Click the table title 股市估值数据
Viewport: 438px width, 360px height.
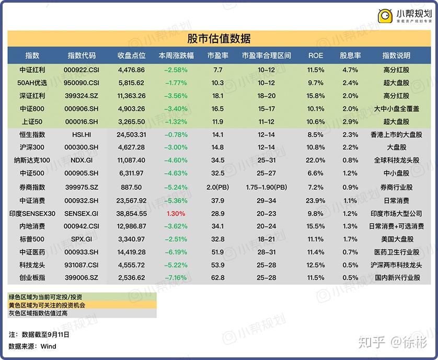click(x=218, y=38)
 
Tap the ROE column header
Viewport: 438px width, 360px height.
click(x=316, y=55)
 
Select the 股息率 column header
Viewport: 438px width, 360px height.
click(x=350, y=55)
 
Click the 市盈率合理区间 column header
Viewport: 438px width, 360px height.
click(x=266, y=55)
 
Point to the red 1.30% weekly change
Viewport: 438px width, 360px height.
click(x=176, y=213)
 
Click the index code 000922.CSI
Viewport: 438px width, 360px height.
click(x=82, y=70)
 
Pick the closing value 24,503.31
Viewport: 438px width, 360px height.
click(x=131, y=134)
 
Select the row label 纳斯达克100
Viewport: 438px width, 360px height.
click(x=32, y=160)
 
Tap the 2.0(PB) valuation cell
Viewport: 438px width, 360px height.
click(x=217, y=187)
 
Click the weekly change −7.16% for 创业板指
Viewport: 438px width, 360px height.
click(x=176, y=278)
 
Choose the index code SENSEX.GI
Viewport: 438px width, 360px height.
click(x=82, y=213)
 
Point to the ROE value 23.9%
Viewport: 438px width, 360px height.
click(x=316, y=200)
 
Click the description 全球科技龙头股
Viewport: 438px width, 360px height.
click(x=396, y=160)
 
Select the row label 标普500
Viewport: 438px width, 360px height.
click(x=32, y=239)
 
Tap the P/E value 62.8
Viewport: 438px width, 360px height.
click(x=217, y=278)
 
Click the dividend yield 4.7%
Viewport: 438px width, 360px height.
click(x=350, y=70)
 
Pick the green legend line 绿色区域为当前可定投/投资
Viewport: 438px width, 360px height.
click(x=45, y=297)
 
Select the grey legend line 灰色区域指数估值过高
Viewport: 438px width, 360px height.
click(x=38, y=313)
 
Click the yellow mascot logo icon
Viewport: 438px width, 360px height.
click(x=385, y=16)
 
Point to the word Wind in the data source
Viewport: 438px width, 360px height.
click(x=48, y=346)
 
